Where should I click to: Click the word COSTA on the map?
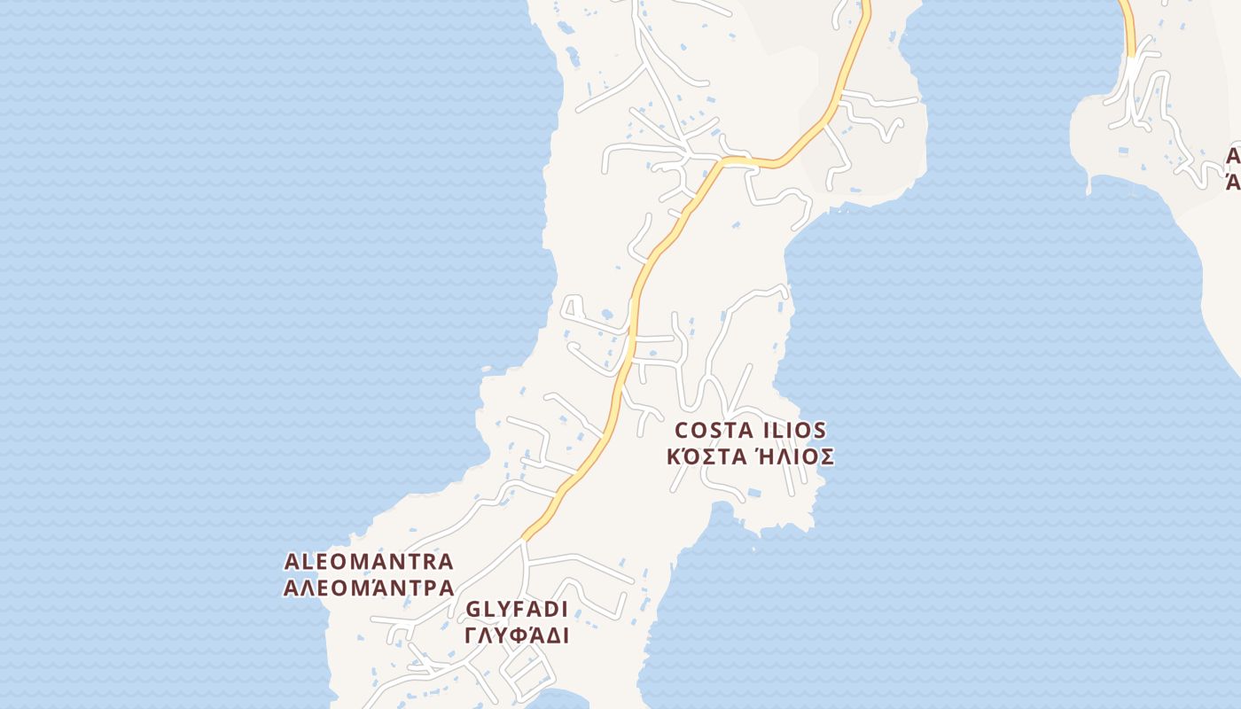[x=714, y=431]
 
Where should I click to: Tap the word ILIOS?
[x=793, y=431]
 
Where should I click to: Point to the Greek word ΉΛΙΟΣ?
[x=794, y=456]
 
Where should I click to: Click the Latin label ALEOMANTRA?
[x=369, y=562]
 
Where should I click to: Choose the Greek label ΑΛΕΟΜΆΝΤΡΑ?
[x=369, y=587]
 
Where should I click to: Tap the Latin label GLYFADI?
[x=516, y=610]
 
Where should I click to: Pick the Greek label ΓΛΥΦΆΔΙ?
[x=516, y=635]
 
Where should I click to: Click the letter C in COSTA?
[x=683, y=431]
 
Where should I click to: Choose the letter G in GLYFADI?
[x=472, y=610]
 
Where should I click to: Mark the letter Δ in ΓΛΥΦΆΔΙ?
[x=550, y=635]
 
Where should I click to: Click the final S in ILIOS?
[x=820, y=431]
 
